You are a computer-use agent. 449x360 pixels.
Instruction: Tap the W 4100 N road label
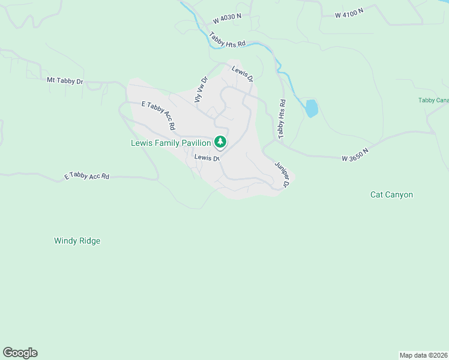point(349,12)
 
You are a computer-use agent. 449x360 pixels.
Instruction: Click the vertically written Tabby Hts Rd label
point(281,117)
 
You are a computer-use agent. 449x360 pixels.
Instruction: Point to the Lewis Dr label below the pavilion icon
point(203,157)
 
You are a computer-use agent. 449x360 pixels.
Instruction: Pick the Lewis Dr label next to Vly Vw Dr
point(243,75)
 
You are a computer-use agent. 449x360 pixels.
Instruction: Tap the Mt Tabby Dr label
point(65,80)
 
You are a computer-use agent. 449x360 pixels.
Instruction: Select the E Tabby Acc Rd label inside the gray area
point(158,115)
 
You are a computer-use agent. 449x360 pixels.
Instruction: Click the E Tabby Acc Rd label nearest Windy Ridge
point(87,176)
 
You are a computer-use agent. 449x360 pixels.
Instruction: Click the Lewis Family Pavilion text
point(171,143)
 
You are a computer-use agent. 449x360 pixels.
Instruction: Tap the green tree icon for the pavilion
point(221,142)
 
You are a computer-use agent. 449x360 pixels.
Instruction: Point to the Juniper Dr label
point(282,173)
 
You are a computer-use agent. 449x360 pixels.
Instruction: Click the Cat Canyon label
point(391,194)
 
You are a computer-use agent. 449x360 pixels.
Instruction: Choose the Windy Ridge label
point(77,241)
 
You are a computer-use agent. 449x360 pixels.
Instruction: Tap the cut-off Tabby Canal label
point(433,100)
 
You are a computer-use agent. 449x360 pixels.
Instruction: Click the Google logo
point(20,353)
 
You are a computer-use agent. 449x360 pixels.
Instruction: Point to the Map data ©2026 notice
point(424,355)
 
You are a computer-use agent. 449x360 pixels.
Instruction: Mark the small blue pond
point(311,109)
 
